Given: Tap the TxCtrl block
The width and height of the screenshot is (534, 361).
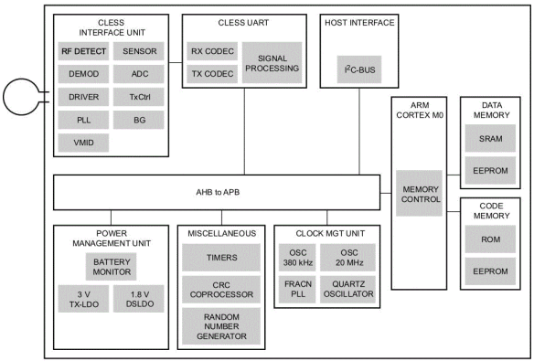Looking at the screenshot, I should tap(139, 97).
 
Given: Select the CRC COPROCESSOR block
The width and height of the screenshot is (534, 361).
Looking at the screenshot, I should tap(219, 291).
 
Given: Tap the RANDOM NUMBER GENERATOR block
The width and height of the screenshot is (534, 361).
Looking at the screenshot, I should tap(219, 325).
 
